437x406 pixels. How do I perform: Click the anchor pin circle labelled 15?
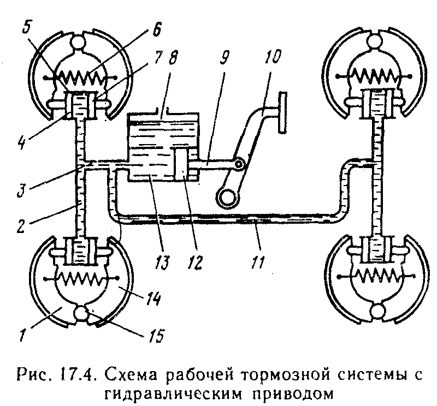coord(81,315)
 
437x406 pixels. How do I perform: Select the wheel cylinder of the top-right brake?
coord(375,103)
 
